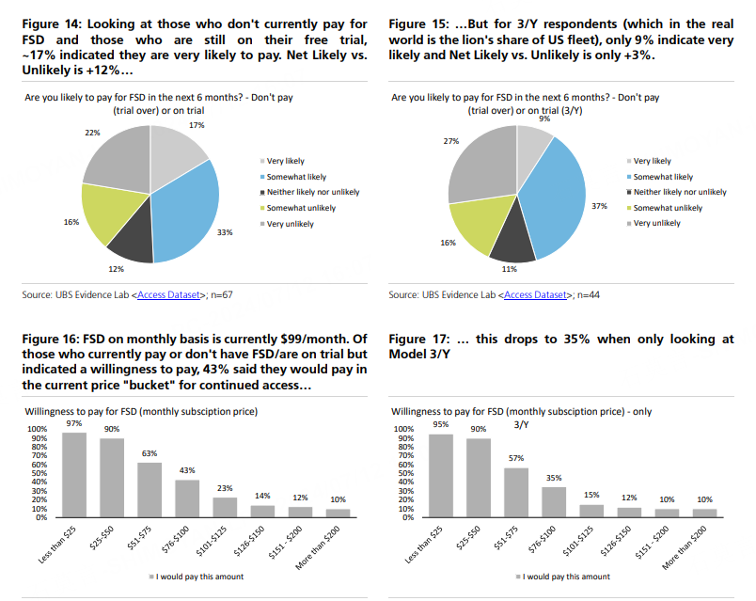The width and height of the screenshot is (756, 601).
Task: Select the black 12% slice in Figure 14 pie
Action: (133, 239)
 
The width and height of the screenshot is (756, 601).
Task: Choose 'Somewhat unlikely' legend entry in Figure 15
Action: (668, 208)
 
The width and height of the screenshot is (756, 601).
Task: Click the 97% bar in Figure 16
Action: (74, 475)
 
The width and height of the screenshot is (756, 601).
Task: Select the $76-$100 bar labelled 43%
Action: (187, 498)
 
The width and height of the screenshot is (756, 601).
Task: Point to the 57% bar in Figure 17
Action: (515, 492)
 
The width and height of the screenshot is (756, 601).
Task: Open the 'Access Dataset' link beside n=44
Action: (537, 295)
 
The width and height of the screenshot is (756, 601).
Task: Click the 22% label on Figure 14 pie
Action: (91, 133)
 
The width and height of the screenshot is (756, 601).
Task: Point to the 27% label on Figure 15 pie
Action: (450, 141)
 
